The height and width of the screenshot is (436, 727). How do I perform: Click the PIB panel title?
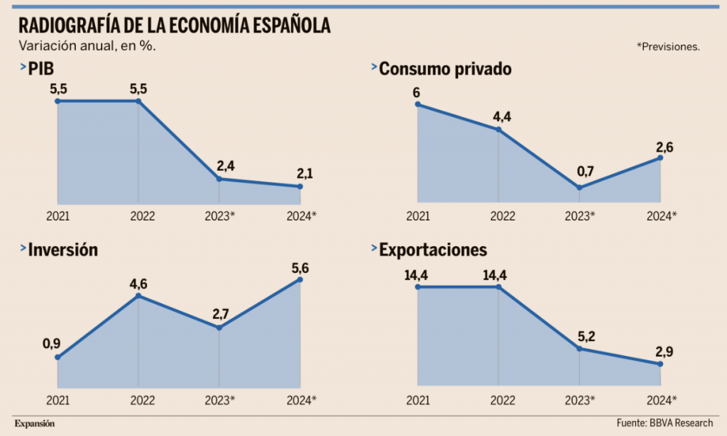41,69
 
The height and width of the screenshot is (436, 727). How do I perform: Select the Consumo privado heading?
445,69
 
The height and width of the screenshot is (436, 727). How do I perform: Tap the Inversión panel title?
62,250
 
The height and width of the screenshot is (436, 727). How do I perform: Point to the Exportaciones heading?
433,250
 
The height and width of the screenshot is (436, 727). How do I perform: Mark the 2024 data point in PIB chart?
300,186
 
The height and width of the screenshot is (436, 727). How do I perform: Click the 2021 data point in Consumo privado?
417,105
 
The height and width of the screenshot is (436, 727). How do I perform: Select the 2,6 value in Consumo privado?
665,147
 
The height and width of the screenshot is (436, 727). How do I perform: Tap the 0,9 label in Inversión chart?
52,344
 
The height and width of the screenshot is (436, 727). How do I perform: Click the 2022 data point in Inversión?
138,296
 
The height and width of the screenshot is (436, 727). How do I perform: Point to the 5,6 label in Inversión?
300,268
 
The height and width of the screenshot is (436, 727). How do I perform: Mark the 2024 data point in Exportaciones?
661,364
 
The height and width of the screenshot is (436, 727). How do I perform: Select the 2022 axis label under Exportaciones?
502,400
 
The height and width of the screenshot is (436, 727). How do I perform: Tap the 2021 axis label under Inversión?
58,400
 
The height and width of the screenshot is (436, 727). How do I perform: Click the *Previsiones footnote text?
668,47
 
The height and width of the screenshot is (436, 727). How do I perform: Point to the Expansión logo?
35,423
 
